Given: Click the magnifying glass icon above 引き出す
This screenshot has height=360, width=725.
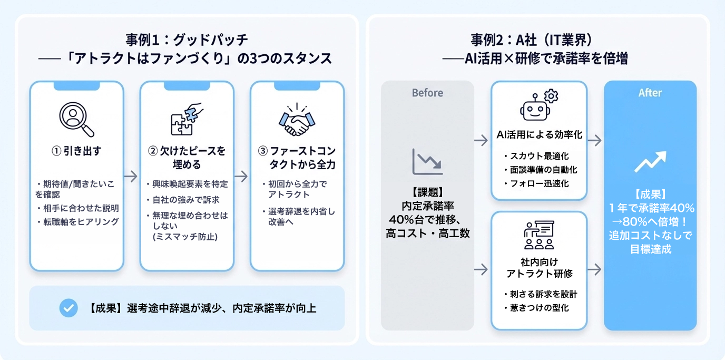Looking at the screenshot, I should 76,119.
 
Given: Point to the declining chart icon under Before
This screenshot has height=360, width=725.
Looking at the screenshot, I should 427,162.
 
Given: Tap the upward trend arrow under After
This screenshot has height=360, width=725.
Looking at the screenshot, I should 650,162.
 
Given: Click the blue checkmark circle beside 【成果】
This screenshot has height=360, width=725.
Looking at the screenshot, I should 68,308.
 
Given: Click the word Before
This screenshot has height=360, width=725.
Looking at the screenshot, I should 427,93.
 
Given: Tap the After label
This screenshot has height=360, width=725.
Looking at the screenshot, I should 650,93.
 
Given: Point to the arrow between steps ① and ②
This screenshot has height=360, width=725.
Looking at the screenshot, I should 131,176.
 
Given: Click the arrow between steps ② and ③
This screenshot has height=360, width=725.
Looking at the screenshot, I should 241,176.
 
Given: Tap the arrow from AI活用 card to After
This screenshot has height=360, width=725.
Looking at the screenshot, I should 595,140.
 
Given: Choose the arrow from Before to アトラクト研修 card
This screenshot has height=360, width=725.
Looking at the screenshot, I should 481,270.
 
